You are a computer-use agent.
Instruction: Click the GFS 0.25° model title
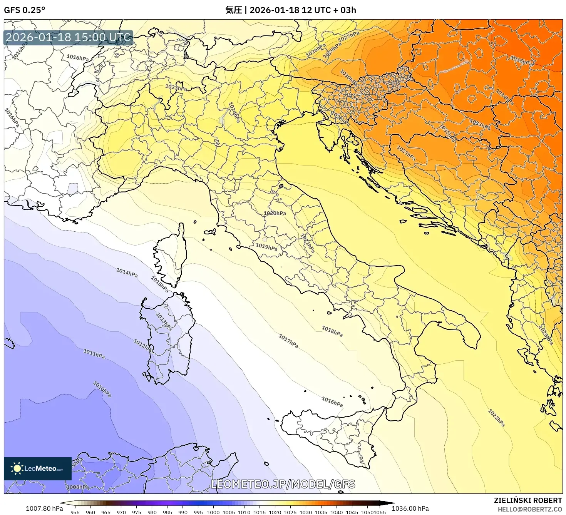pos(24,10)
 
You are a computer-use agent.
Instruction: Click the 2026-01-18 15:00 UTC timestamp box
pos(68,38)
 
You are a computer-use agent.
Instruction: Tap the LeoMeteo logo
pos(38,468)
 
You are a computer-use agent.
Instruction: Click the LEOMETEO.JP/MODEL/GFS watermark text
pos(283,484)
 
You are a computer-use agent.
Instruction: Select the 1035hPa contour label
pos(522,61)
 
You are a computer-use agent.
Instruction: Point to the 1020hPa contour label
pos(275,213)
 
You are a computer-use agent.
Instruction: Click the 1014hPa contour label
pos(127,273)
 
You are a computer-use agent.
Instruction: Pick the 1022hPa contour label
pos(496,418)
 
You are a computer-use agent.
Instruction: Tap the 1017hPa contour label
pos(288,341)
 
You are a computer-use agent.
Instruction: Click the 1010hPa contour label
pos(102,389)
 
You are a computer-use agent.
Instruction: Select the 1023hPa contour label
pos(176,88)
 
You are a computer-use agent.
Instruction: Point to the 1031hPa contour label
pos(406,153)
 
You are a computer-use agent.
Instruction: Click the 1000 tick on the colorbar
pos(213,512)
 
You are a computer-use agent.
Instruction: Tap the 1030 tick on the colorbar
pos(305,512)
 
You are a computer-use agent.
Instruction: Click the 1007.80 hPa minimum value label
pos(44,508)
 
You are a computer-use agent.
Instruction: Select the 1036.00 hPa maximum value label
pos(410,508)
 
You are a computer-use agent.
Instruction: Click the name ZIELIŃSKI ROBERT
pos(528,500)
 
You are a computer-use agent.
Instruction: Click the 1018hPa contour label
pos(332,331)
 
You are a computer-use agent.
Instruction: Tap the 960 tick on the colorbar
pos(90,512)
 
